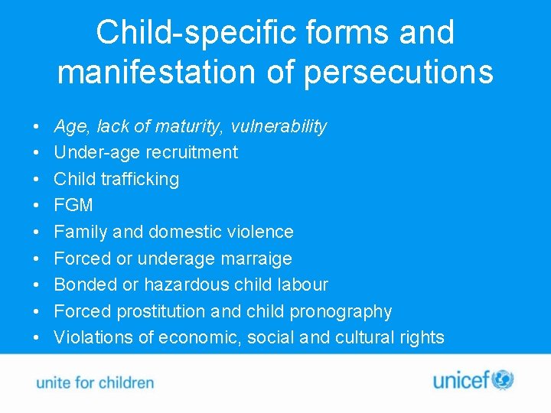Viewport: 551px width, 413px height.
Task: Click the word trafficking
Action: [141, 179]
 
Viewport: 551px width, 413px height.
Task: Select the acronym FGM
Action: [73, 205]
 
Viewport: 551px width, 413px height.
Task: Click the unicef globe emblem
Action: [503, 379]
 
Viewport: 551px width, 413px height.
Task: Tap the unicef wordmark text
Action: [461, 380]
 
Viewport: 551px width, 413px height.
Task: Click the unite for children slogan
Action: [95, 382]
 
